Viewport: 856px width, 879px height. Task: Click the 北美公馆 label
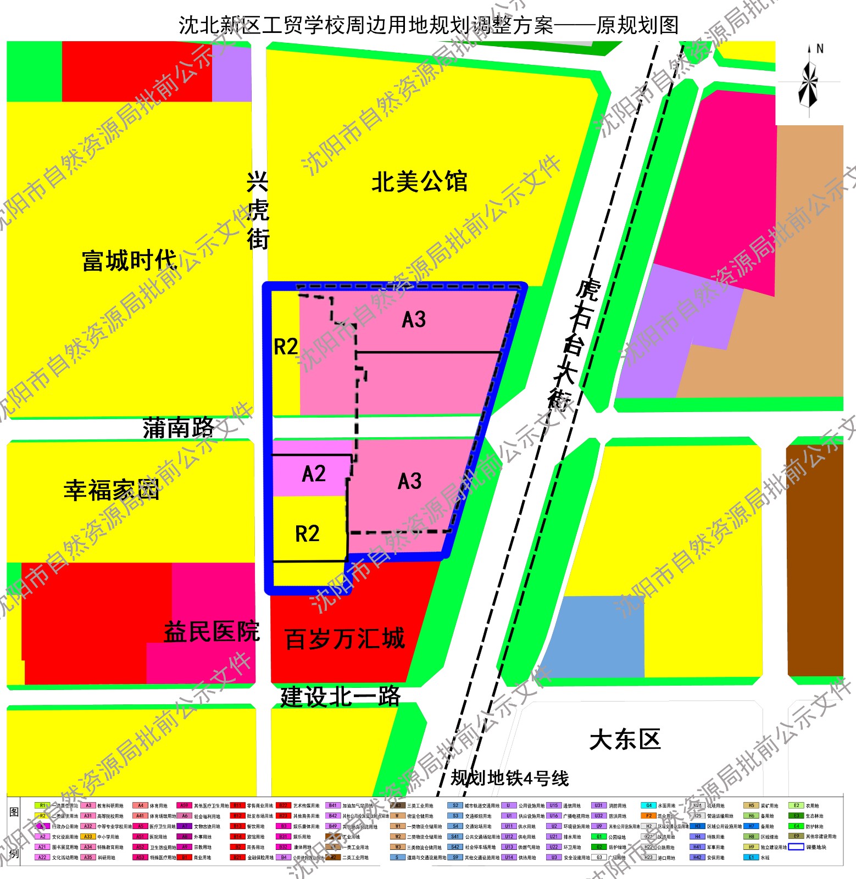pyautogui.click(x=419, y=182)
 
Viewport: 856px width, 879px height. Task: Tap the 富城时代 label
pyautogui.click(x=130, y=260)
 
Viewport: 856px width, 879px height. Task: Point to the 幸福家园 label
pyautogui.click(x=112, y=490)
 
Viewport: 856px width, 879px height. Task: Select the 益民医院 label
pyautogui.click(x=212, y=632)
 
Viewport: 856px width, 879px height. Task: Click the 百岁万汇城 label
pyautogui.click(x=345, y=639)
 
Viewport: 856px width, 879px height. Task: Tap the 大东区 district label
pyautogui.click(x=625, y=740)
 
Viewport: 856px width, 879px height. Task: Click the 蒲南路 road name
pyautogui.click(x=179, y=428)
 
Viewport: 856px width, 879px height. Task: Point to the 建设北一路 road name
pyautogui.click(x=341, y=697)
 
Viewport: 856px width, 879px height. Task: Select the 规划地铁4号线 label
pyautogui.click(x=509, y=778)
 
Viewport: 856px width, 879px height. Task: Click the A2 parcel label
pyautogui.click(x=314, y=474)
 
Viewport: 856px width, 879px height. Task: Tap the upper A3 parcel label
pyautogui.click(x=414, y=320)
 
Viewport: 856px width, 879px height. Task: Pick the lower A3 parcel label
pyautogui.click(x=410, y=481)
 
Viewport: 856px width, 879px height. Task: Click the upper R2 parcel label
pyautogui.click(x=286, y=347)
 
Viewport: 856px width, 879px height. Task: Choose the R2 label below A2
pyautogui.click(x=307, y=533)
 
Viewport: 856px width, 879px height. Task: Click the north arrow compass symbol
pyautogui.click(x=809, y=82)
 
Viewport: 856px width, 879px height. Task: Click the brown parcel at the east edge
pyautogui.click(x=815, y=560)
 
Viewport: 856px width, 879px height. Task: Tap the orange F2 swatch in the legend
pyautogui.click(x=648, y=816)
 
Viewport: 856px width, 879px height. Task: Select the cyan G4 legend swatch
pyautogui.click(x=648, y=806)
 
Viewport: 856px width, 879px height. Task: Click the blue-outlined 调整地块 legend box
pyautogui.click(x=796, y=847)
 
